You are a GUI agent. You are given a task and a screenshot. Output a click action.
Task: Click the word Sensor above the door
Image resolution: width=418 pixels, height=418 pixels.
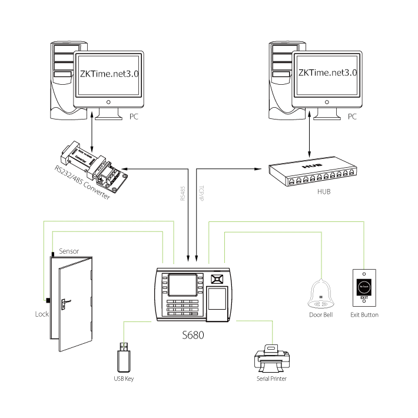point(69,251)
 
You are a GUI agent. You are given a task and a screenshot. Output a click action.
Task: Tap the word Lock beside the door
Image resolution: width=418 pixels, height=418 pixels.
point(41,314)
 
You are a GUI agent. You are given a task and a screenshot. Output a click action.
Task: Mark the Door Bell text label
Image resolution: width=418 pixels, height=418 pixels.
point(321,315)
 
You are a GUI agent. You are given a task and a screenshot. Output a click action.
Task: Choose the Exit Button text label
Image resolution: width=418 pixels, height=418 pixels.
point(364,315)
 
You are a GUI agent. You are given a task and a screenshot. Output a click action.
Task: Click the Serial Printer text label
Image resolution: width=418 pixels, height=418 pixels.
point(271,379)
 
